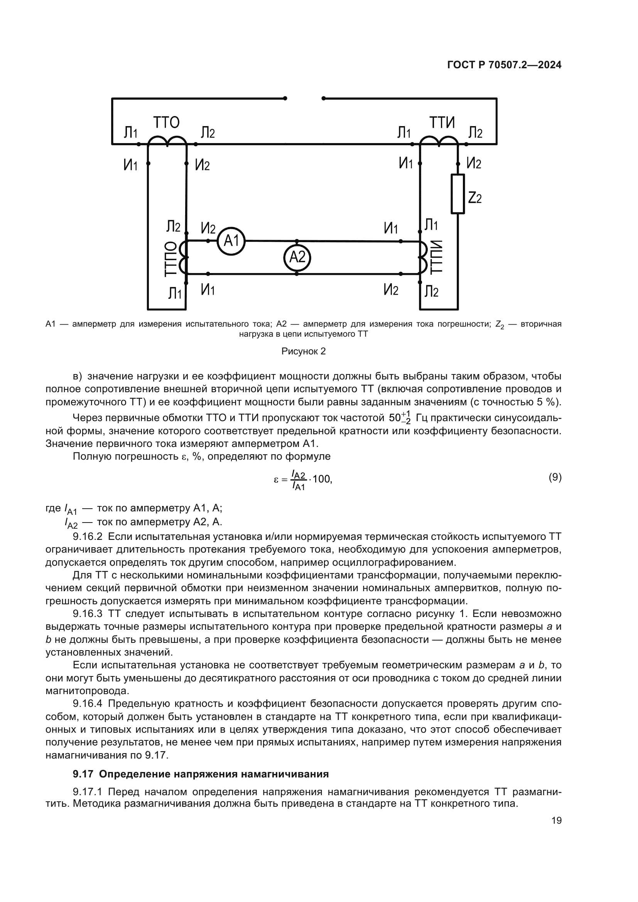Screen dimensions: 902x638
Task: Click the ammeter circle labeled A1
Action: (231, 241)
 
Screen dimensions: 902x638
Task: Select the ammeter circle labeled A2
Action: (297, 257)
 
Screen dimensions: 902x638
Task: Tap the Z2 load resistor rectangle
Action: (457, 194)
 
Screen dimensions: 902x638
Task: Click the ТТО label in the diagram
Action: (166, 123)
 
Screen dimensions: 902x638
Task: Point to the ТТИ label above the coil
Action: (442, 123)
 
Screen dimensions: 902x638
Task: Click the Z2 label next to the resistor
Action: (475, 198)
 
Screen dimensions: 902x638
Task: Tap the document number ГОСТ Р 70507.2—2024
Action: (504, 65)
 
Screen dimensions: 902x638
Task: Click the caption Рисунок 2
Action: (303, 351)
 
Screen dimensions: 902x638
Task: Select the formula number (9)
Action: (555, 477)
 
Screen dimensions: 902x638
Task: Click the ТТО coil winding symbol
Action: (167, 141)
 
